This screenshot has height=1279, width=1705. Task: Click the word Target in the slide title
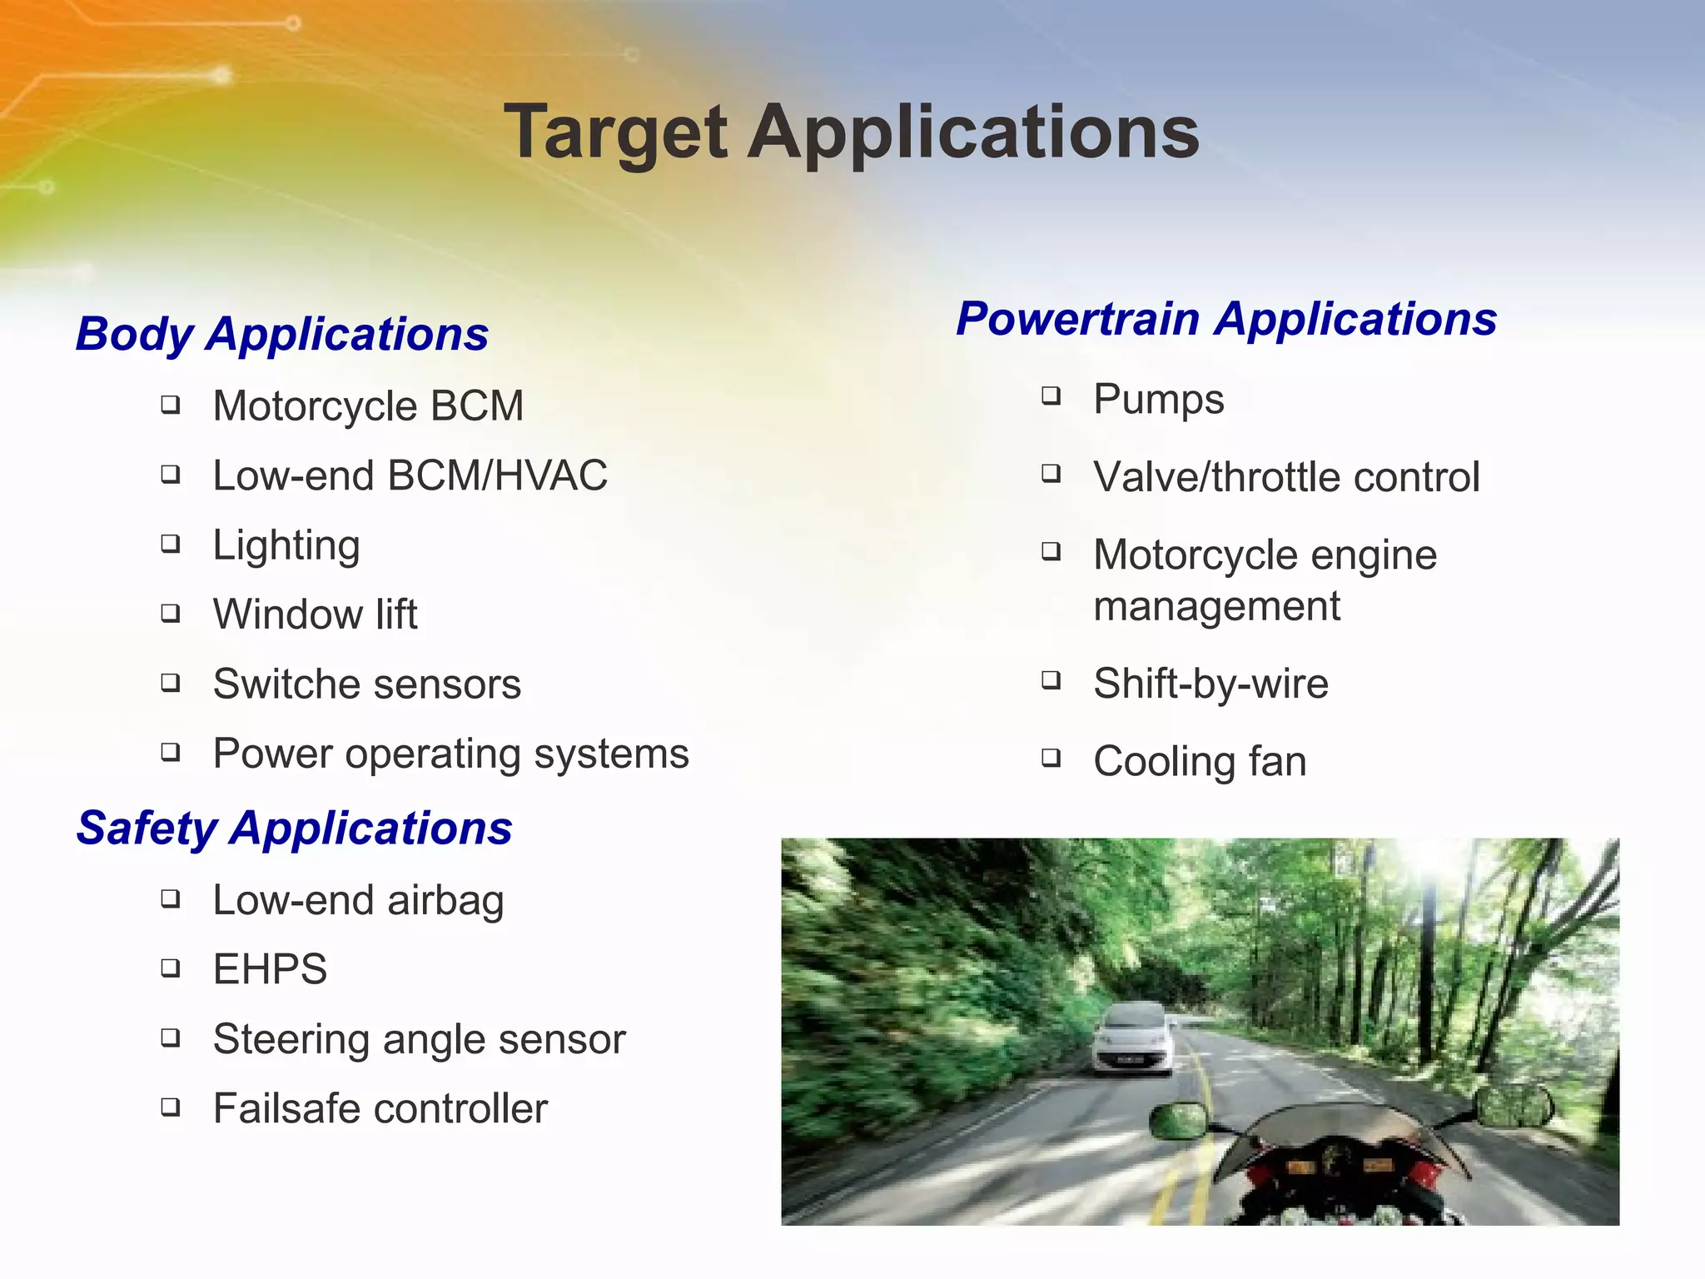pyautogui.click(x=616, y=133)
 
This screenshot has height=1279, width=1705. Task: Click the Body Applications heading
pyautogui.click(x=281, y=334)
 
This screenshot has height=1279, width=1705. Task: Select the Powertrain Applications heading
pyautogui.click(x=1225, y=319)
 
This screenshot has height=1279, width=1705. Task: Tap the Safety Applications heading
pyautogui.click(x=294, y=828)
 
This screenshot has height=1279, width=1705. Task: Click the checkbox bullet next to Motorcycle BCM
pyautogui.click(x=171, y=406)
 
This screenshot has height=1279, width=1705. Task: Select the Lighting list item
pyautogui.click(x=286, y=546)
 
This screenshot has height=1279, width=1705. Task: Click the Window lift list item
pyautogui.click(x=315, y=615)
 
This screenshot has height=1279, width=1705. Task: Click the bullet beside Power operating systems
pyautogui.click(x=171, y=753)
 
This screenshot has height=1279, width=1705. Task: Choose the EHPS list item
pyautogui.click(x=270, y=969)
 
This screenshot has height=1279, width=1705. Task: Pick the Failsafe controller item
pyautogui.click(x=380, y=1108)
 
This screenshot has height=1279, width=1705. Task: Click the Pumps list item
pyautogui.click(x=1158, y=400)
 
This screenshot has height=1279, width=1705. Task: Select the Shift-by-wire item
pyautogui.click(x=1210, y=684)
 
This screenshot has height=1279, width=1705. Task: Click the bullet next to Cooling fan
pyautogui.click(x=1051, y=758)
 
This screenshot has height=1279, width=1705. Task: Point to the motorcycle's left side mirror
pyautogui.click(x=1177, y=1120)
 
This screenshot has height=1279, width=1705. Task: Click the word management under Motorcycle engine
pyautogui.click(x=1216, y=606)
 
